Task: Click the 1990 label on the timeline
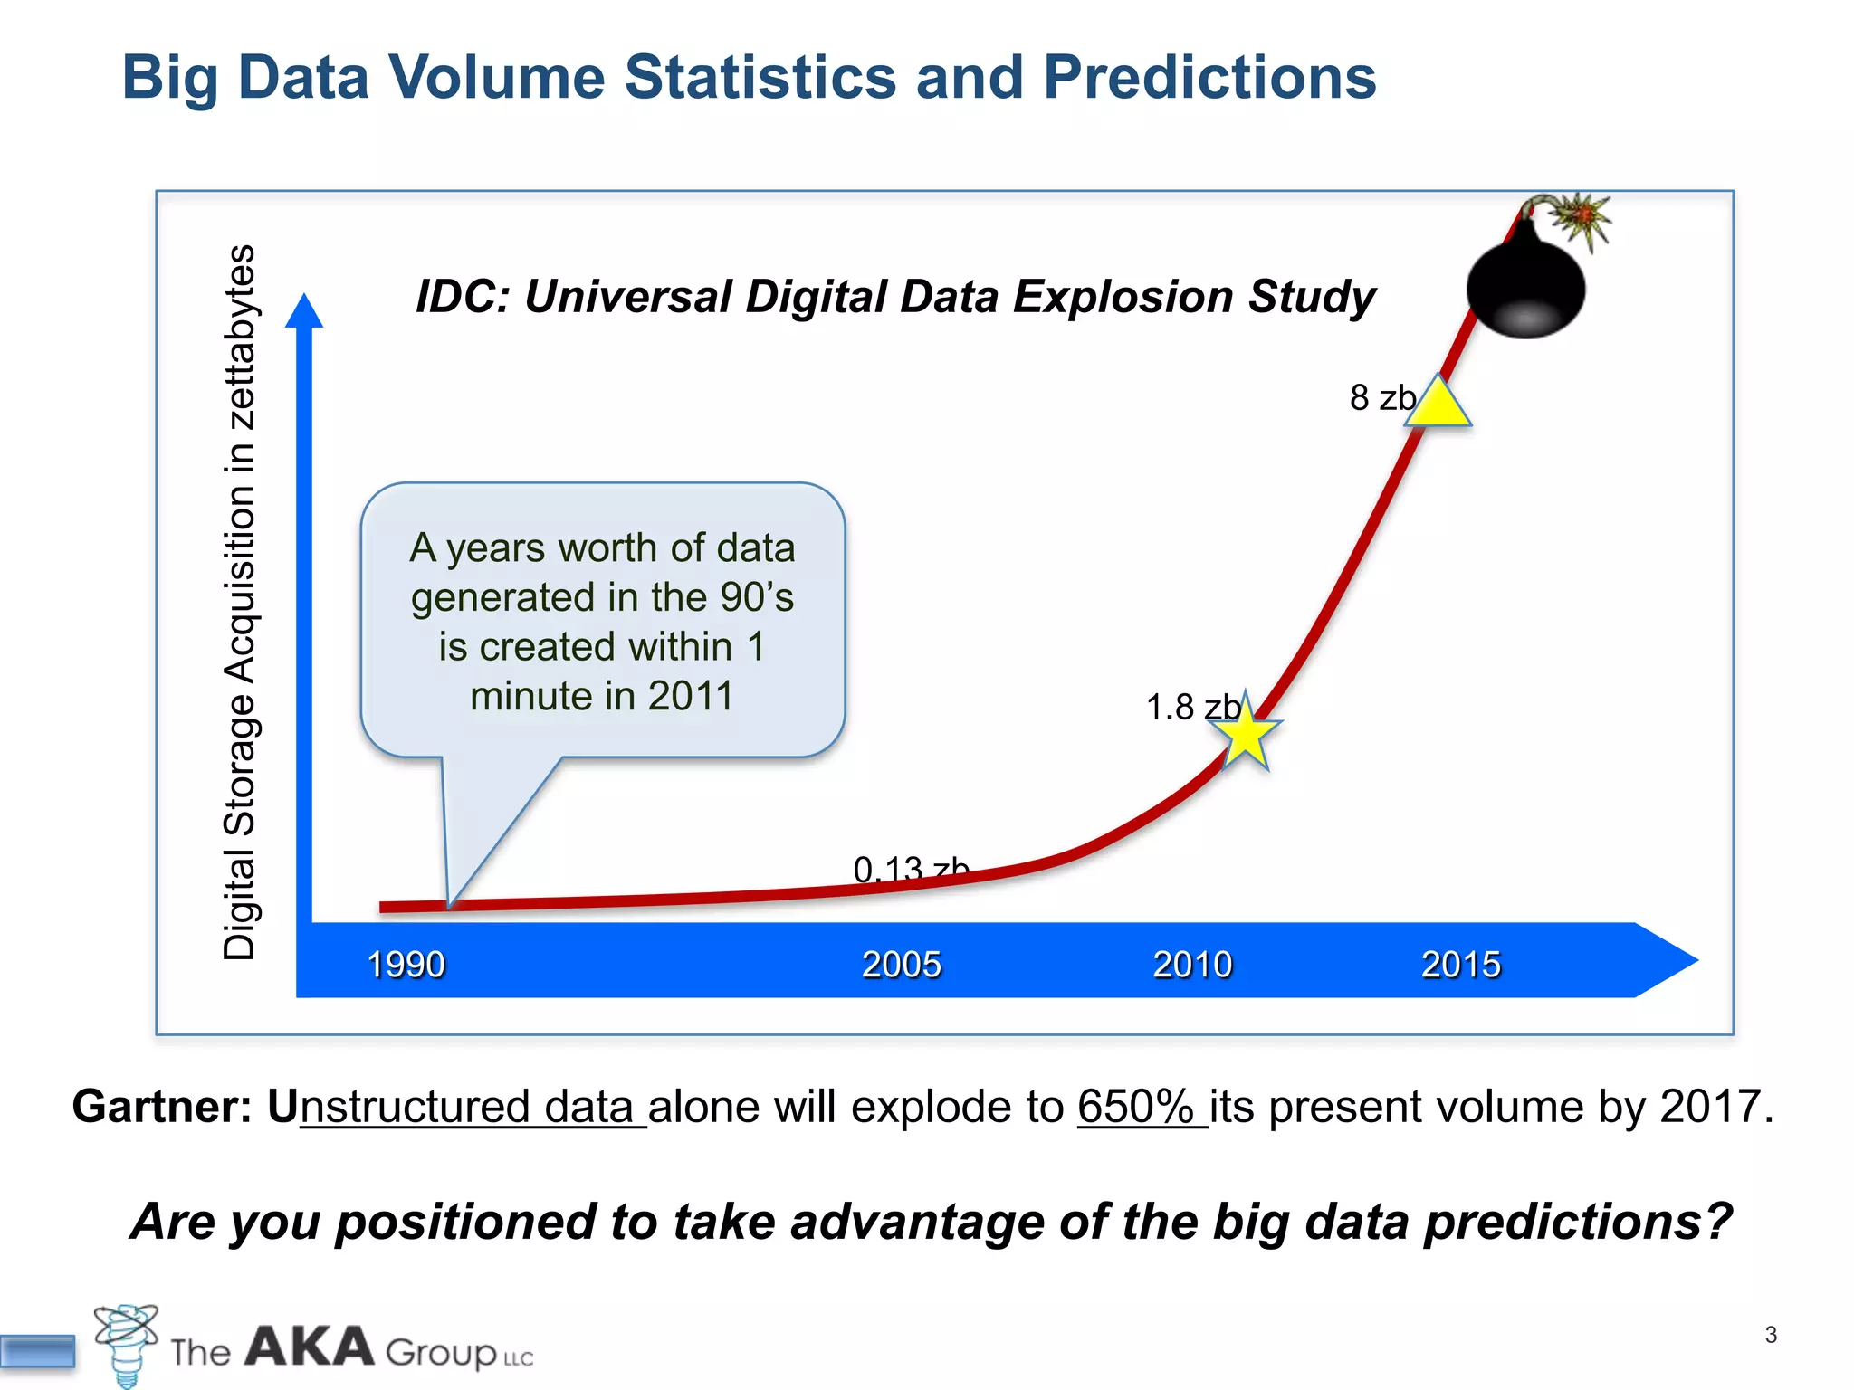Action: pos(406,964)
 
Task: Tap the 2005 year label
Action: pos(901,964)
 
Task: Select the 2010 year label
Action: pos(1192,964)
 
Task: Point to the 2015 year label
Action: pos(1460,964)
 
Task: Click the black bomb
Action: pos(1525,285)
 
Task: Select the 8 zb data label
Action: pos(1381,398)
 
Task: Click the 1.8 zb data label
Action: pos(1192,707)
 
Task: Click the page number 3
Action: pos(1771,1335)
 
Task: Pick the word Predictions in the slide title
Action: pos(1209,77)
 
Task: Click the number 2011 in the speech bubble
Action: pos(690,696)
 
